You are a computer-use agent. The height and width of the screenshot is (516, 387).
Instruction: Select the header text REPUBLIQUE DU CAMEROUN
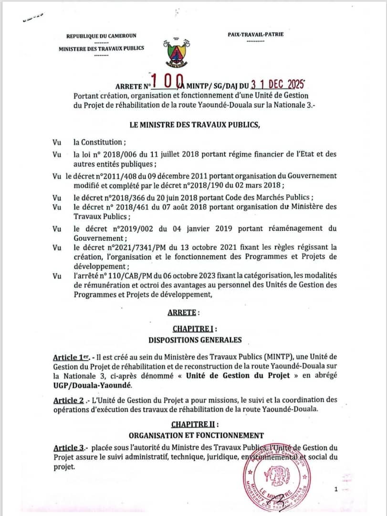point(101,35)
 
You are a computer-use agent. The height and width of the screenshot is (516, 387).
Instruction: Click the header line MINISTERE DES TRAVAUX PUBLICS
point(101,48)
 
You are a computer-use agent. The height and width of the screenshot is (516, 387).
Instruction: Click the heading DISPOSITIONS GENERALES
point(195,340)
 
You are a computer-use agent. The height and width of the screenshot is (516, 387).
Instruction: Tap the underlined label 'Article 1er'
point(71,357)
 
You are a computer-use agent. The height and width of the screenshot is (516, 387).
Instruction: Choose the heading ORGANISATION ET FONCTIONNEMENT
point(196,435)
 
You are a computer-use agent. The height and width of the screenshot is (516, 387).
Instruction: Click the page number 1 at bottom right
point(336,489)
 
